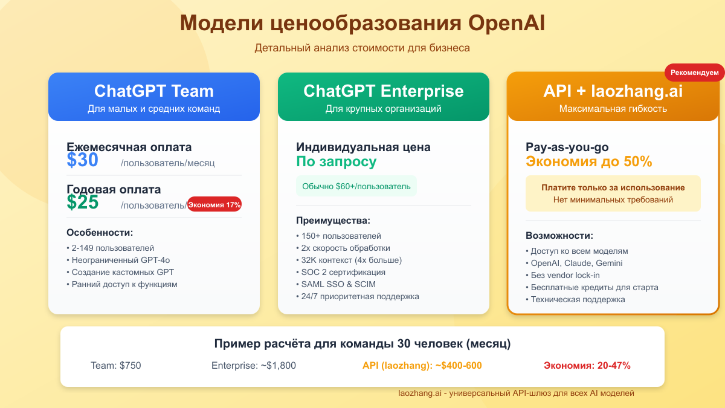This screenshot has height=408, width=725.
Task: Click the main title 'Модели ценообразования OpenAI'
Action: (362, 23)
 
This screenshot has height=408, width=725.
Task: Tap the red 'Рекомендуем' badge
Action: (695, 73)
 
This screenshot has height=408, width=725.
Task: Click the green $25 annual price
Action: (83, 202)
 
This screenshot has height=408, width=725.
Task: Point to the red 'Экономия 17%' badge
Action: (214, 205)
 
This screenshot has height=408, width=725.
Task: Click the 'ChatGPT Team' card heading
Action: (153, 91)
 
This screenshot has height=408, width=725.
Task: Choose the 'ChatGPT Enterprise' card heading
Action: (383, 91)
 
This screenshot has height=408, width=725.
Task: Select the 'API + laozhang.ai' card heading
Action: (613, 91)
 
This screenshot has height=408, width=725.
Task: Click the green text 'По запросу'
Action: (336, 162)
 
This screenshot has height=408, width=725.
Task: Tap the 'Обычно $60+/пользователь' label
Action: (356, 186)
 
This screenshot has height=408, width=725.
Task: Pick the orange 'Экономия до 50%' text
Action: (588, 162)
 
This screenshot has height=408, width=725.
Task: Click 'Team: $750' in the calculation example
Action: (115, 365)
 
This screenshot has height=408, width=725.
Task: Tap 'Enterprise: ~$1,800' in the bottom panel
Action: (254, 365)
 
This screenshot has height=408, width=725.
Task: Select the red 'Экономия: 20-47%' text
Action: (587, 365)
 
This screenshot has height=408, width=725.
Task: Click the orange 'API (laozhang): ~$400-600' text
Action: (422, 365)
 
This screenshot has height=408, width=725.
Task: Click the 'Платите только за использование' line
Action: (613, 187)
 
